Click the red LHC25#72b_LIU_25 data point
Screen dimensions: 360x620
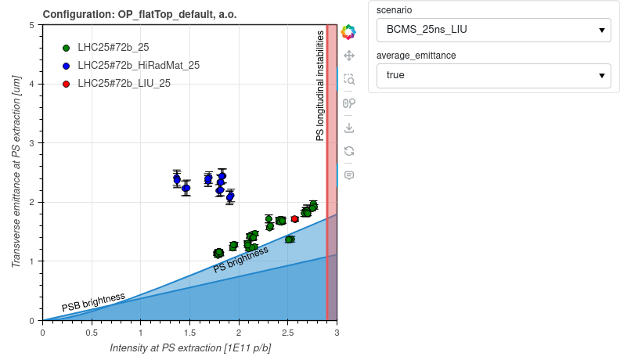294,219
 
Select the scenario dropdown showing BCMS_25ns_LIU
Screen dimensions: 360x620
492,31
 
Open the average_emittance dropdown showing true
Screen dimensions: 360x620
492,76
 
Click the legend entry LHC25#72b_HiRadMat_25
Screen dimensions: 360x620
138,65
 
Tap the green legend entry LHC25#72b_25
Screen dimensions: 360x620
113,47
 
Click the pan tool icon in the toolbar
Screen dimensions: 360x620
349,56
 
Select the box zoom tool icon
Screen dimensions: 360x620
349,79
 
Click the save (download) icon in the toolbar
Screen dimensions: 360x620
349,127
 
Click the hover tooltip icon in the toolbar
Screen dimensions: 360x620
349,175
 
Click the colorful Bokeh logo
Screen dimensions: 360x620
349,32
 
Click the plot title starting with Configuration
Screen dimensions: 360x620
139,14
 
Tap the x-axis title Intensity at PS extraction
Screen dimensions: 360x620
190,347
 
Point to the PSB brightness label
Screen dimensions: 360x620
93,302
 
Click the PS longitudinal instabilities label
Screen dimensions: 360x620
320,86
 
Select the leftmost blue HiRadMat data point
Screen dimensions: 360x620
177,179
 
